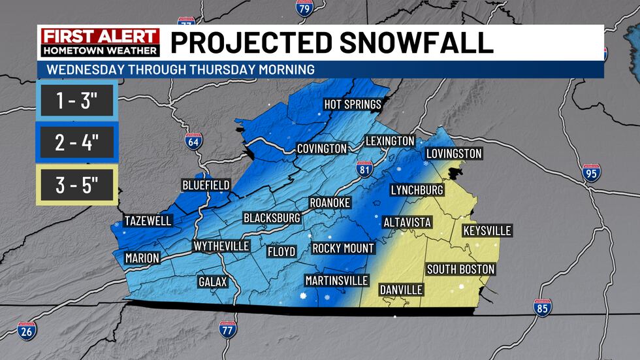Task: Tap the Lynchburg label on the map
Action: click(417, 190)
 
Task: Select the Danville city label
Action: click(401, 289)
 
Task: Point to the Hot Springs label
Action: click(353, 105)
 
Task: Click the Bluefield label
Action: click(206, 185)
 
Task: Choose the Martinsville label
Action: click(332, 280)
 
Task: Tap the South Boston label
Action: click(460, 269)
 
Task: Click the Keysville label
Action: click(487, 231)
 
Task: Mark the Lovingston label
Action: click(453, 154)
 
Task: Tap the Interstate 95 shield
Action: click(592, 172)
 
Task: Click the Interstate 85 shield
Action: click(542, 308)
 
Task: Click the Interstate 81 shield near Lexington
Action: click(366, 169)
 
